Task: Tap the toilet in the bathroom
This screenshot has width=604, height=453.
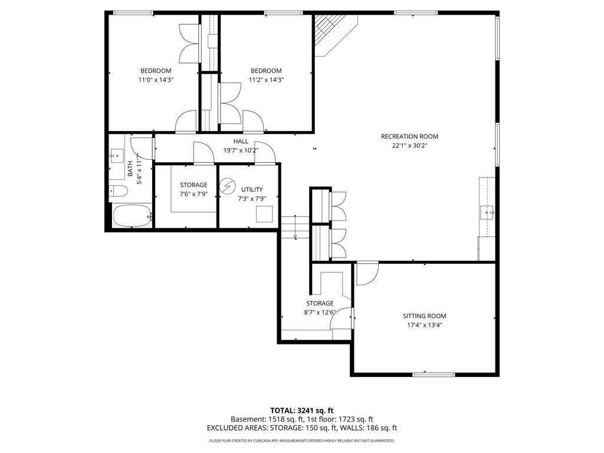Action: click(x=118, y=191)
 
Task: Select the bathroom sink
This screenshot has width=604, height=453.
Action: click(x=116, y=157)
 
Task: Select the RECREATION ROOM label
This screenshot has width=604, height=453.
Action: click(x=409, y=136)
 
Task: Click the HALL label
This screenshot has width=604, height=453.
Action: click(x=240, y=142)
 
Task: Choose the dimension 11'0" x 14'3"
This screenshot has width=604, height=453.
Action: click(x=156, y=80)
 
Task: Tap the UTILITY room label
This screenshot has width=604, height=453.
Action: click(x=252, y=189)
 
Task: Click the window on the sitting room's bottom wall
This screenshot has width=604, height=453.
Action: click(x=434, y=374)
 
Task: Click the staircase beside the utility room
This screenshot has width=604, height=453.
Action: click(x=295, y=228)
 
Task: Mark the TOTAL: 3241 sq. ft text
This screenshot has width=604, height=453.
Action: click(x=302, y=410)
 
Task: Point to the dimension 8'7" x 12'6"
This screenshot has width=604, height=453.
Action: click(x=319, y=313)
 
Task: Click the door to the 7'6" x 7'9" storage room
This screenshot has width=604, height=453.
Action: click(x=203, y=154)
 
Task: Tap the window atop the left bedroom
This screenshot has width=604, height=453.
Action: click(x=133, y=12)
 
